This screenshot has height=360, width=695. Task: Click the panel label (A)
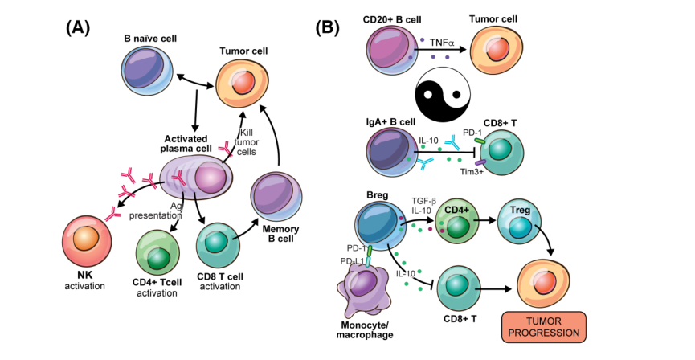point(77,26)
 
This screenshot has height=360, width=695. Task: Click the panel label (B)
point(331,26)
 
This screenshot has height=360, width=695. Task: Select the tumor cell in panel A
point(243,85)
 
